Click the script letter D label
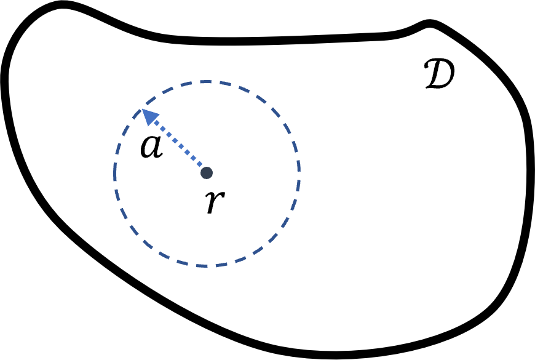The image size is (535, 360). (x=440, y=74)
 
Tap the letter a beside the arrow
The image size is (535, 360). (x=151, y=147)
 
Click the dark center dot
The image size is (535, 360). (x=207, y=173)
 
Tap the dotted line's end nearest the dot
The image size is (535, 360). (x=202, y=167)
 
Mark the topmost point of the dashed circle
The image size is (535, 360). (x=206, y=81)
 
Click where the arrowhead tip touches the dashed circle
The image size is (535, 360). (x=142, y=110)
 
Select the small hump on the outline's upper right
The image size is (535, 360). (x=429, y=23)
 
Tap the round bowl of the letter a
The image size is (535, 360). (x=149, y=148)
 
